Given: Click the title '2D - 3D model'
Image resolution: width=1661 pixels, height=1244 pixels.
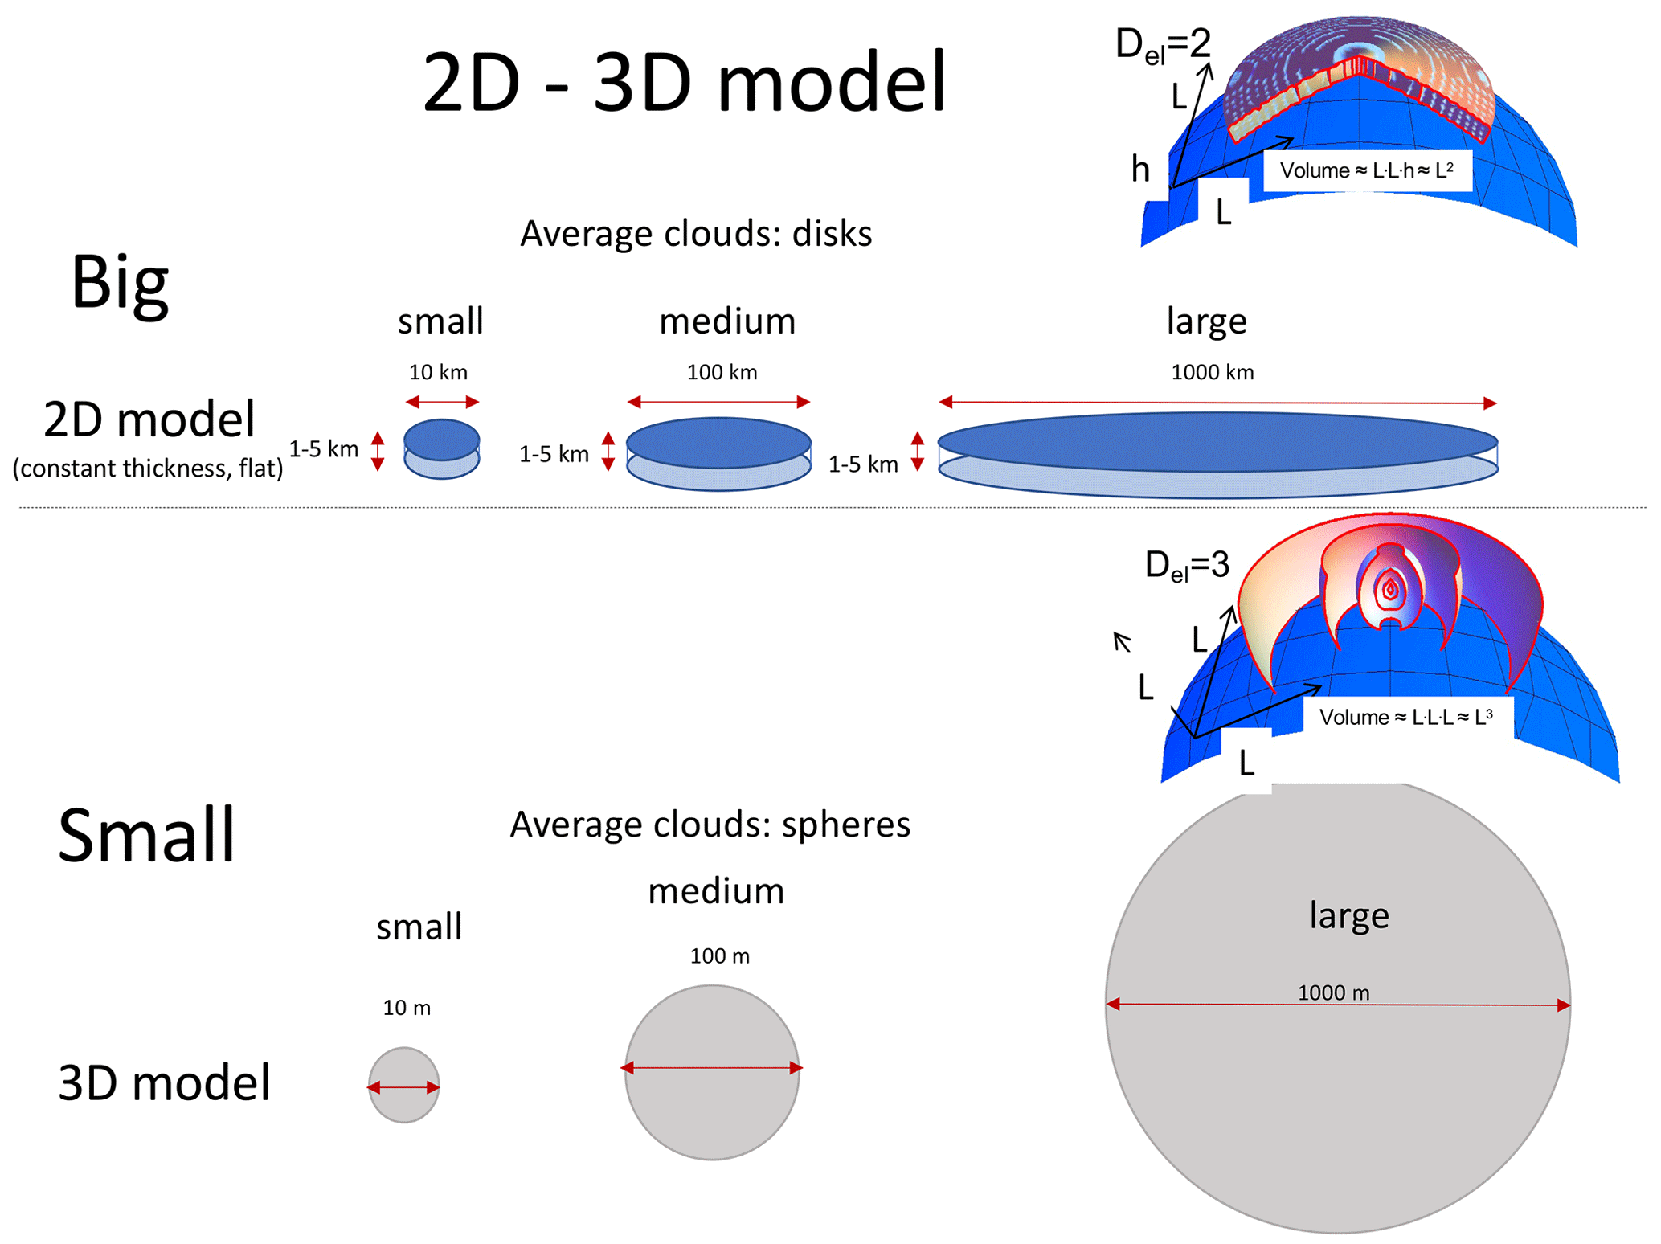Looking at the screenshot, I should (684, 82).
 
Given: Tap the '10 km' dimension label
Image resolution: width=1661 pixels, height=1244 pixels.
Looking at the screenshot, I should (438, 372).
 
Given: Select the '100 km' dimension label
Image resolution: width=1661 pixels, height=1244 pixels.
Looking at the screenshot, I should (722, 372).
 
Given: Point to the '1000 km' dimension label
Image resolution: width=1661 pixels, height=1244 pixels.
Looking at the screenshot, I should (1212, 372).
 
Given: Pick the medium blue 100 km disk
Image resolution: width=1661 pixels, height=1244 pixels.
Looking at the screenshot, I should (718, 453).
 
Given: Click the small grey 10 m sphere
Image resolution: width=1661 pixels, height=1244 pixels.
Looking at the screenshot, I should (403, 1085).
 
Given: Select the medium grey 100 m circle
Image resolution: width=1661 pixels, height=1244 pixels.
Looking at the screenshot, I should (712, 1072).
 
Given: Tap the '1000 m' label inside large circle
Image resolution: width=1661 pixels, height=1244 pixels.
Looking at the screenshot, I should (1333, 992).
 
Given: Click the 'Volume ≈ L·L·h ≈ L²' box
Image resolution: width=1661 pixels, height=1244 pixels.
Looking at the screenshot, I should (1367, 170).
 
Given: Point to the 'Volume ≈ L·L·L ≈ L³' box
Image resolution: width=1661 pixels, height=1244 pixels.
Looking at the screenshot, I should (1405, 717).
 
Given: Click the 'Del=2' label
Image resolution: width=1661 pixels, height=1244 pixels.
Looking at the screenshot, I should (1162, 44).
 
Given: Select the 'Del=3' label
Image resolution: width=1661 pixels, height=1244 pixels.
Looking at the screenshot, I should (1187, 566).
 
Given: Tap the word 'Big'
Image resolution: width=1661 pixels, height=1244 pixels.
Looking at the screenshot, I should (120, 283).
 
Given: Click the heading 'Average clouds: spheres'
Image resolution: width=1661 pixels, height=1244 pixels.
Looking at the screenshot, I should (710, 825).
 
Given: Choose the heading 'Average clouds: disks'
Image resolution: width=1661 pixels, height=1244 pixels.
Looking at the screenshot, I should (696, 234).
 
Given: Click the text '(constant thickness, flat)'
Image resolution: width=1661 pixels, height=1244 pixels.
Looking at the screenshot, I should (148, 468).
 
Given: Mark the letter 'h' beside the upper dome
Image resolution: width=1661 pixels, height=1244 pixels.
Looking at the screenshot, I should (1140, 169).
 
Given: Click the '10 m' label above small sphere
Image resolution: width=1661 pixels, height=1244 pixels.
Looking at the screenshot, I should (407, 1008).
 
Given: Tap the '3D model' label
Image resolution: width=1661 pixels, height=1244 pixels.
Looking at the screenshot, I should (164, 1082).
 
